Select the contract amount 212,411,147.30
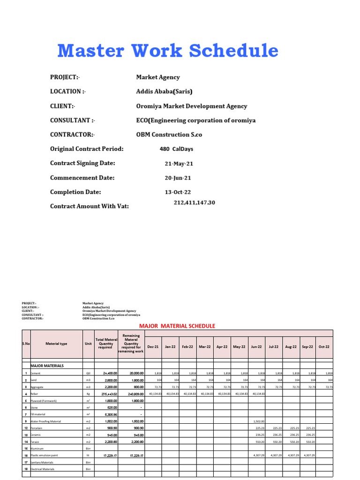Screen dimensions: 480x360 (x=194, y=203)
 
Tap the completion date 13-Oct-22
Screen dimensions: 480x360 (x=178, y=192)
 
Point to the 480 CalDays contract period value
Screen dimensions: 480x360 (x=176, y=149)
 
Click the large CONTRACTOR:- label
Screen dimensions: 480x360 (x=72, y=135)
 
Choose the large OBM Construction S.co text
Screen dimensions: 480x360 (x=169, y=135)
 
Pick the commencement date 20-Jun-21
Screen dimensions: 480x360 (x=178, y=178)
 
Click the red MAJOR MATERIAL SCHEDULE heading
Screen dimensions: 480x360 (x=177, y=326)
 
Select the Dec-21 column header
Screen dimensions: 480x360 (x=153, y=346)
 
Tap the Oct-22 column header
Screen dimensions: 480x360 (x=324, y=346)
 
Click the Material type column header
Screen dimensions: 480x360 (x=56, y=344)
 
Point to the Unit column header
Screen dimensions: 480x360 (x=88, y=344)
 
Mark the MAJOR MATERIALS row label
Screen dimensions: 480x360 (x=47, y=365)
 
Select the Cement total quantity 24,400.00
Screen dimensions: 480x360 (x=106, y=373)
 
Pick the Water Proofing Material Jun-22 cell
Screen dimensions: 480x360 (x=259, y=421)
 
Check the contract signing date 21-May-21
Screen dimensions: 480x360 (x=179, y=164)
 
